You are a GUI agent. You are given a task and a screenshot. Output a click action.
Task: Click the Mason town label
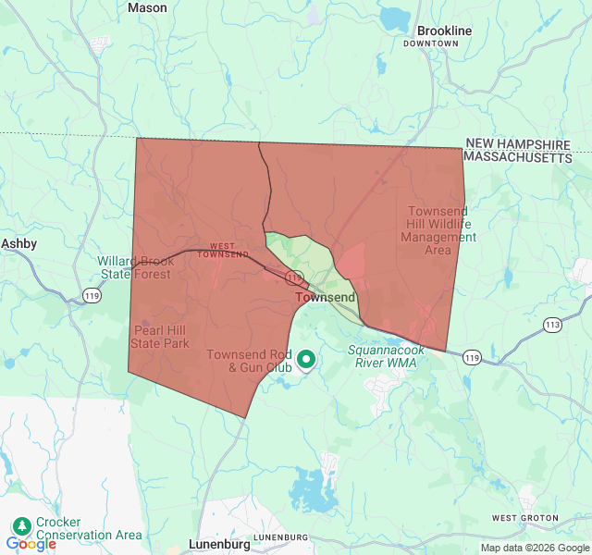147,7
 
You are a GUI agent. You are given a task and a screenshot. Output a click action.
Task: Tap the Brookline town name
444,31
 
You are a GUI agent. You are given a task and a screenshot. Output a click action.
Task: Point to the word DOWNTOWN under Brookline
431,43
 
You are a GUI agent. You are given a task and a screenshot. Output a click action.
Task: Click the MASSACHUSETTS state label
518,158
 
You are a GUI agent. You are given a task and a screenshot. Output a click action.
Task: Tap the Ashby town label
18,243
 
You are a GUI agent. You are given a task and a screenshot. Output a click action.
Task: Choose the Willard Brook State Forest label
135,267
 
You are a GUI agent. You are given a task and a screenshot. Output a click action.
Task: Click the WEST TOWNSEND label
223,250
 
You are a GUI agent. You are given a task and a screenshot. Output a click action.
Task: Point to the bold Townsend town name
325,298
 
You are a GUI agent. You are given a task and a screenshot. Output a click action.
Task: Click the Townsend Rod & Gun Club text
249,361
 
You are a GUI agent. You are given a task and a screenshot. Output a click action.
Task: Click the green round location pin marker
305,360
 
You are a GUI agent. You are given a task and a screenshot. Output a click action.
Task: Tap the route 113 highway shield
552,325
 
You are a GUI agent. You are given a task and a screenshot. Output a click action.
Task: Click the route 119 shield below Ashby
92,295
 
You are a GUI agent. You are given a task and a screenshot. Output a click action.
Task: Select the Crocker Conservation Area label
89,528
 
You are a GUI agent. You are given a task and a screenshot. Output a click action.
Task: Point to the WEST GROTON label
524,518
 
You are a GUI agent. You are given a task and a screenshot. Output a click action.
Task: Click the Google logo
31,544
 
